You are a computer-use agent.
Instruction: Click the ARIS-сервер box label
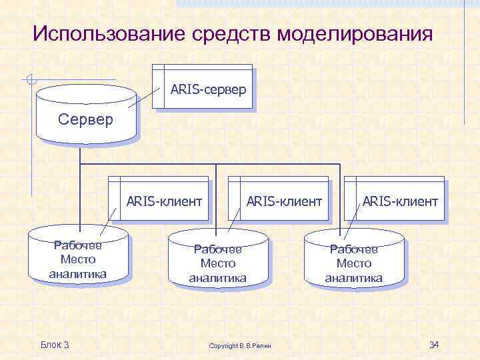pos(208,89)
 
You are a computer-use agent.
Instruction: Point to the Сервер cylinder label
pos(86,120)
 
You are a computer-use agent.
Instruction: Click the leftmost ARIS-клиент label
pos(164,201)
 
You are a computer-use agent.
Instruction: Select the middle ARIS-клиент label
pos(284,201)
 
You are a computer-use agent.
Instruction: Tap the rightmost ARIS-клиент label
pos(400,201)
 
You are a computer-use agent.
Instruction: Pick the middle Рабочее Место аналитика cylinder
pos(217,262)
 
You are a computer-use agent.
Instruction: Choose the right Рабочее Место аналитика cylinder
pos(354,262)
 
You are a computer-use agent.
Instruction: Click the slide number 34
pos(434,345)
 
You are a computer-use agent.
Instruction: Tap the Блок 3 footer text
pos(55,345)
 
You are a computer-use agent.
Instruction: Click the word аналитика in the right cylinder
pos(354,278)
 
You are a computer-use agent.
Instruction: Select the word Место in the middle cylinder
pos(217,263)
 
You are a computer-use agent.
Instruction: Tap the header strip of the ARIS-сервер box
pos(202,67)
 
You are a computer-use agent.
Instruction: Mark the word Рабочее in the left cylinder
pos(78,245)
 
